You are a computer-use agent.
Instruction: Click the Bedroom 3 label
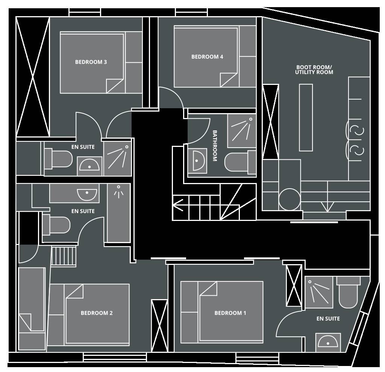(91, 62)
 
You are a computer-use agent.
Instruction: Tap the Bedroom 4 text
(207, 57)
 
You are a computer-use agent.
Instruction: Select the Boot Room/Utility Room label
(314, 70)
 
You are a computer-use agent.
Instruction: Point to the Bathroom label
(215, 146)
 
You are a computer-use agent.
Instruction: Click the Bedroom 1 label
(230, 313)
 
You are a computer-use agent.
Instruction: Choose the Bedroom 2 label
(97, 313)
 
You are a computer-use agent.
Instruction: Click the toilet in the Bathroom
(240, 161)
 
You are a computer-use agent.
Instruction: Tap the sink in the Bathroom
(197, 161)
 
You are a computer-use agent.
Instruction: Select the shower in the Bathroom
(242, 131)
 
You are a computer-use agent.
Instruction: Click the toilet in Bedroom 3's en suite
(58, 159)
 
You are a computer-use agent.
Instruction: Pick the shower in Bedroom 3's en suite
(118, 159)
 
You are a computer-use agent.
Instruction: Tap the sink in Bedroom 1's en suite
(328, 342)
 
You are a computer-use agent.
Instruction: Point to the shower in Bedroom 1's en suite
(319, 292)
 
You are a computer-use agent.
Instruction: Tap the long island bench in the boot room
(306, 118)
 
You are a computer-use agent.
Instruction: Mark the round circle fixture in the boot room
(290, 199)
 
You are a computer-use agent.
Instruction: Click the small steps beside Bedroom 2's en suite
(64, 256)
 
